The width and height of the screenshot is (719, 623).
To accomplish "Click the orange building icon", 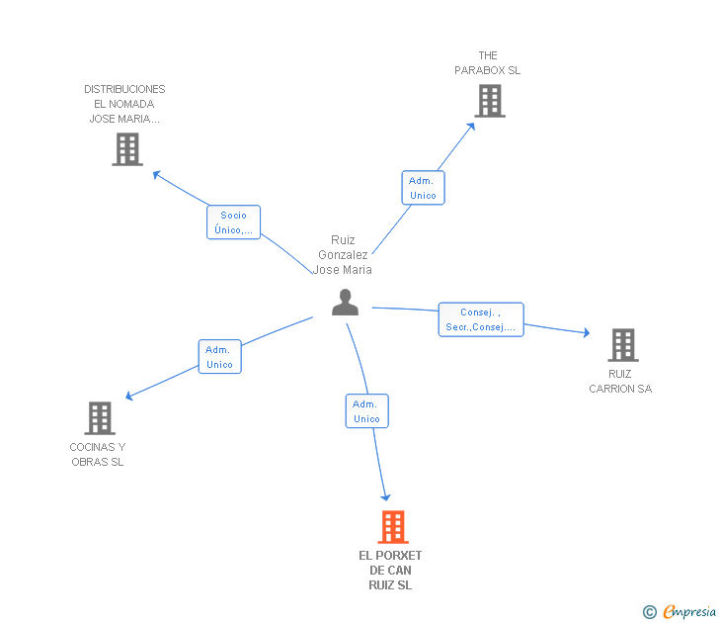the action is tap(393, 527).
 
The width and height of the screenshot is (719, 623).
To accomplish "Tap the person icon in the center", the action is tap(345, 302).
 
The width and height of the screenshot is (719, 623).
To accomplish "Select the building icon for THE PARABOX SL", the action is tap(490, 101).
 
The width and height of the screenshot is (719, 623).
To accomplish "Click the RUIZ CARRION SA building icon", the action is tap(623, 345).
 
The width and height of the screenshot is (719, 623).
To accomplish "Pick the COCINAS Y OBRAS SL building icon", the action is tap(100, 417).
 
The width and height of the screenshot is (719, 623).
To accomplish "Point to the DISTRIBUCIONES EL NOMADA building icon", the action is tap(127, 149).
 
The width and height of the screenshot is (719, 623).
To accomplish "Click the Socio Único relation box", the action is tap(233, 222).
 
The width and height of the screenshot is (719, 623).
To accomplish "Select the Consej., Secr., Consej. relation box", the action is tap(481, 319).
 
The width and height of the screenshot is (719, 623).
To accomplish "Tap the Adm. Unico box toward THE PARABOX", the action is tap(424, 188).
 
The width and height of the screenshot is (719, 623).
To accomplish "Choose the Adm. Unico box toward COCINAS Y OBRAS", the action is tap(219, 357).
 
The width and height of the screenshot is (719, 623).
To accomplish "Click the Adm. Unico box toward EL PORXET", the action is tap(366, 411).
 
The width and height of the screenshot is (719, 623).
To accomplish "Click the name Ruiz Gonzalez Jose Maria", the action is tap(343, 255).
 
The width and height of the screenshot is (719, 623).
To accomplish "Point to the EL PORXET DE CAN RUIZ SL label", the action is tap(390, 571).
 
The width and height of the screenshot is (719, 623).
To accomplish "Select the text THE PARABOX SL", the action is tap(488, 63).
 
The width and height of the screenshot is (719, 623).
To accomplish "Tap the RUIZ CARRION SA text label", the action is tap(620, 381).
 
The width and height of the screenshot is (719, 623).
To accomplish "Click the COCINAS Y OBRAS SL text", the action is tap(98, 454).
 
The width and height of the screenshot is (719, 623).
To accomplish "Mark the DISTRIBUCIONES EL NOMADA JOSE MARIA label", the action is tap(124, 104).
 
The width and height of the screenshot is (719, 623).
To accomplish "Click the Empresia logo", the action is tap(679, 612).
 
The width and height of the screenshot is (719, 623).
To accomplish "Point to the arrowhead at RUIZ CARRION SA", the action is tap(587, 333).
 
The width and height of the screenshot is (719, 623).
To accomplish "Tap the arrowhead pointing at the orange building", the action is tap(385, 497).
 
